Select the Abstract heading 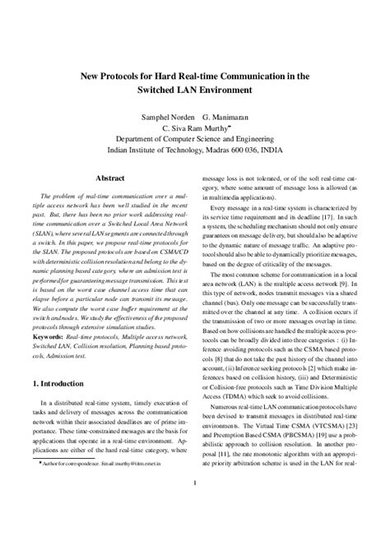coord(110,178)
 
